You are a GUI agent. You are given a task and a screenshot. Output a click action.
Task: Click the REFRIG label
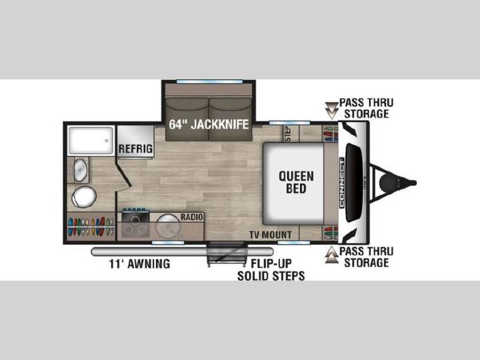[135, 149]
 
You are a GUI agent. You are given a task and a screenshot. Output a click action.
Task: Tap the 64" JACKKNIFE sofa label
[209, 124]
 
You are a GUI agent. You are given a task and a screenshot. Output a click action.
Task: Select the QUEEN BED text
[296, 182]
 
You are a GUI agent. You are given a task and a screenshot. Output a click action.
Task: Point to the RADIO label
[191, 217]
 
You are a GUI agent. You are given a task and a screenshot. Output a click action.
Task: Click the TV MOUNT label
[270, 235]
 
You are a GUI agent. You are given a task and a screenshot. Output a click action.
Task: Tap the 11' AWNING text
[139, 263]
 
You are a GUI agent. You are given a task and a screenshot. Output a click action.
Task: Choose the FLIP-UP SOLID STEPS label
[271, 270]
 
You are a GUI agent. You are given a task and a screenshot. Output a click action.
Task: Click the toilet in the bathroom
[84, 197]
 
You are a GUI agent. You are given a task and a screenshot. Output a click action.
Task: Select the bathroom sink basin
[80, 170]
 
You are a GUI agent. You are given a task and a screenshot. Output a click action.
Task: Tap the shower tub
[91, 140]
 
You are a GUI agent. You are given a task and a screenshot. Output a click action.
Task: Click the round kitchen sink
[168, 226]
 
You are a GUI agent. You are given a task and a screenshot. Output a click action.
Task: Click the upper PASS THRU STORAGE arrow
[331, 110]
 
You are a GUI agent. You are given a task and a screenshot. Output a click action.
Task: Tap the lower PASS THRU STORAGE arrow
[331, 255]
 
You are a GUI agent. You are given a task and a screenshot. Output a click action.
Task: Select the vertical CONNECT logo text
[342, 183]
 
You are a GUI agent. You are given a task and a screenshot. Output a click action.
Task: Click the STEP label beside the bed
[288, 133]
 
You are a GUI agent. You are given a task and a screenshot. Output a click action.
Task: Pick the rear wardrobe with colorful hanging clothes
[91, 227]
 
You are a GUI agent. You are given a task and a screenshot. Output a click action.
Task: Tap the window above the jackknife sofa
[209, 82]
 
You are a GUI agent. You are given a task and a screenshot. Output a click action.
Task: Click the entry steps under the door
[227, 254]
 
